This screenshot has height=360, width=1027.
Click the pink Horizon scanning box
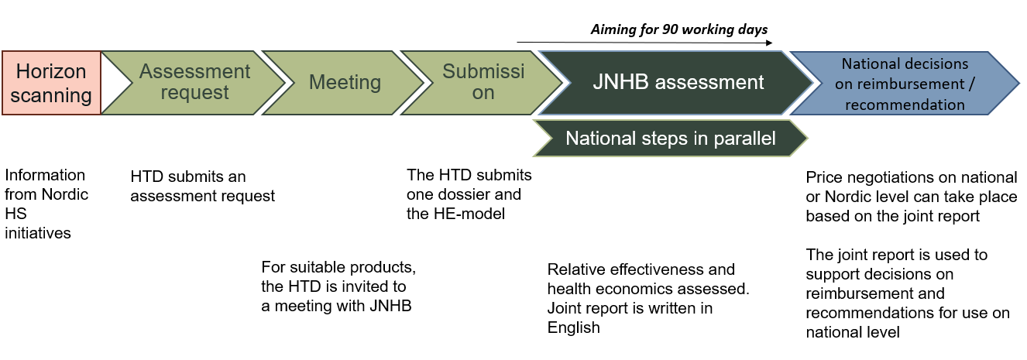[51, 83]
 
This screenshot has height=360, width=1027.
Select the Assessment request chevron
[194, 83]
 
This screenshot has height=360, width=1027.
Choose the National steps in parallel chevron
[671, 139]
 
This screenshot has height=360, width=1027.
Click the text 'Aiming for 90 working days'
[678, 29]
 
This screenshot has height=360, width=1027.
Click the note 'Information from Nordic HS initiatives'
[46, 204]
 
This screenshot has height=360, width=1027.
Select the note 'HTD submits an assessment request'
[202, 187]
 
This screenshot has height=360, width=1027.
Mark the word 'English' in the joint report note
[574, 327]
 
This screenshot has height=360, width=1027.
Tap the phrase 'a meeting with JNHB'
[336, 307]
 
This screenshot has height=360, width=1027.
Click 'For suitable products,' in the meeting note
[338, 268]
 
